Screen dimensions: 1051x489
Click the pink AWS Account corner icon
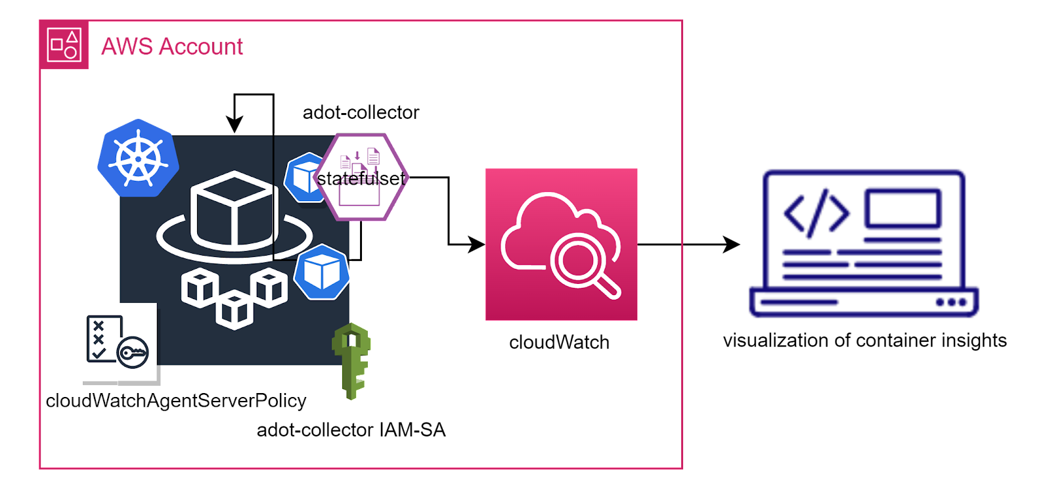point(64,45)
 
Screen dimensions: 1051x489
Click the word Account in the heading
point(201,47)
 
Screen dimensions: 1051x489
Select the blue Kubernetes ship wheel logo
point(138,158)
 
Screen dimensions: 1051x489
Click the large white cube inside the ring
point(233,209)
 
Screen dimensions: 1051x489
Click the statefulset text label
point(361,178)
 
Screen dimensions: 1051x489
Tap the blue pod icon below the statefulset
point(321,272)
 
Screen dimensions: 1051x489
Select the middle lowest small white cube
point(235,310)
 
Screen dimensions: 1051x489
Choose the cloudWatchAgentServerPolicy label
point(176,401)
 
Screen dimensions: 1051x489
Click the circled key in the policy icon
point(133,353)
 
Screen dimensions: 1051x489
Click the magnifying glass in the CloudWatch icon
point(579,260)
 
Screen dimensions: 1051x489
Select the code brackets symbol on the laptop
point(816,212)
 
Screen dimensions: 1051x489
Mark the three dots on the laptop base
point(951,302)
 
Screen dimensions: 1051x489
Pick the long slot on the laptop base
point(799,302)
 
